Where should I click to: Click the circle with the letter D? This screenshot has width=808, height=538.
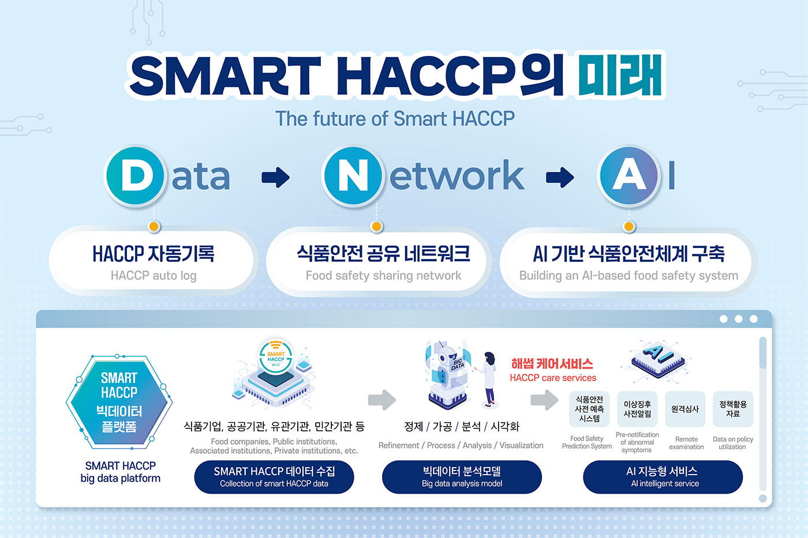pyautogui.click(x=135, y=176)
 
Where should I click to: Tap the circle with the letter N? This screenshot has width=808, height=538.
pyautogui.click(x=353, y=176)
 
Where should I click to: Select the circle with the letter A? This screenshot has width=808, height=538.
pyautogui.click(x=629, y=176)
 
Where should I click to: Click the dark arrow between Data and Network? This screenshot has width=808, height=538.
pyautogui.click(x=276, y=177)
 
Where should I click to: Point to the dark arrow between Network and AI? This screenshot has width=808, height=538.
pyautogui.click(x=560, y=177)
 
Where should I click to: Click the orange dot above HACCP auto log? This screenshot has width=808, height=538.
pyautogui.click(x=154, y=227)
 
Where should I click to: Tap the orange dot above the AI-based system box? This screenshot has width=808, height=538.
pyautogui.click(x=629, y=227)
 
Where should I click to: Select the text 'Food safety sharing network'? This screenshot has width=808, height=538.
pyautogui.click(x=383, y=276)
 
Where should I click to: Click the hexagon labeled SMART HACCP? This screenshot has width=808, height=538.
pyautogui.click(x=119, y=402)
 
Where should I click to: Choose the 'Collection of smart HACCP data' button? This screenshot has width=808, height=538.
pyautogui.click(x=274, y=477)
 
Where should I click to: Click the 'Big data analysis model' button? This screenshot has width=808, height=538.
pyautogui.click(x=462, y=477)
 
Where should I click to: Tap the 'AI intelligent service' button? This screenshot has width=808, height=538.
pyautogui.click(x=663, y=477)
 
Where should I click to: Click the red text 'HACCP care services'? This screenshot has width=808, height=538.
pyautogui.click(x=553, y=378)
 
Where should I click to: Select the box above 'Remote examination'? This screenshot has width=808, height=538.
pyautogui.click(x=685, y=409)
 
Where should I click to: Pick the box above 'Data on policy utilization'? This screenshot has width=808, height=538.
pyautogui.click(x=733, y=409)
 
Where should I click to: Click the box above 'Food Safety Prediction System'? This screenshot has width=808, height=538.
pyautogui.click(x=589, y=409)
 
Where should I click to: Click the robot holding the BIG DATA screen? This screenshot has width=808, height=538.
pyautogui.click(x=448, y=375)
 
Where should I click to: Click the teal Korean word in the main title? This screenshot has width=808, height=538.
pyautogui.click(x=620, y=74)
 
